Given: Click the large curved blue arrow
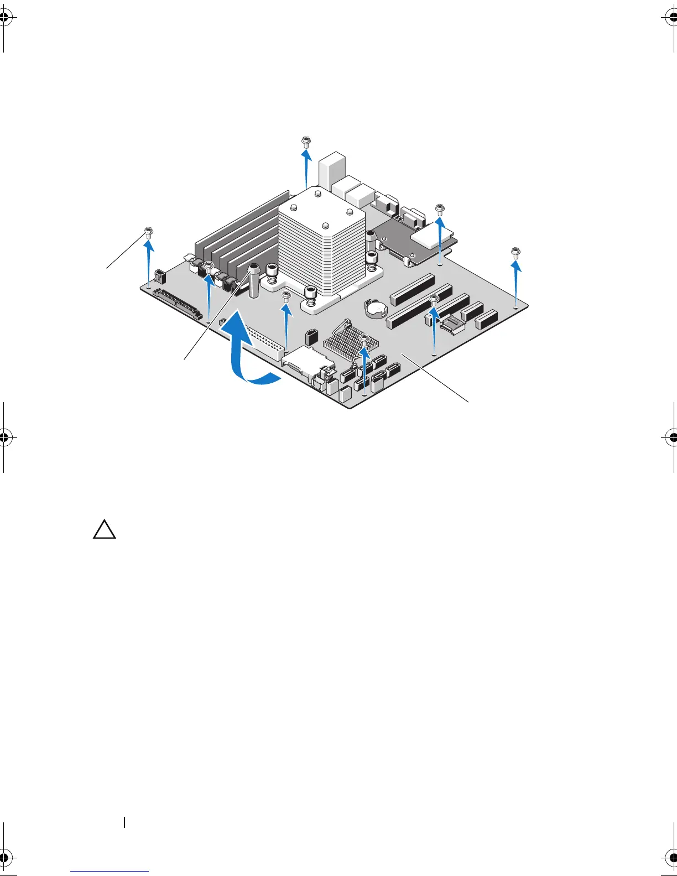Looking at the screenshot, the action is [x=243, y=354].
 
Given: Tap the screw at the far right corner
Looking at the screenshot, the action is [x=515, y=252].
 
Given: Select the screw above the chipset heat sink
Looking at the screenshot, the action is [x=364, y=338].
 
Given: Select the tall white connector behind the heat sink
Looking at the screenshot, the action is [x=335, y=169].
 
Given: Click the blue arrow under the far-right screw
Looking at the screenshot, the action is [x=515, y=282].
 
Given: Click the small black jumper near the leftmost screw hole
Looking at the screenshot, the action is [x=159, y=275].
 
